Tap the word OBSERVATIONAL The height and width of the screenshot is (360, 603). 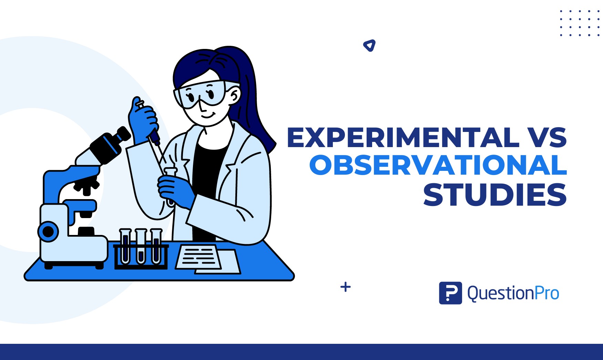tap(438, 165)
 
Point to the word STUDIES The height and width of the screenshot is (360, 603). tap(495, 195)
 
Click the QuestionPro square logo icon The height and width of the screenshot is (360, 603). tap(450, 293)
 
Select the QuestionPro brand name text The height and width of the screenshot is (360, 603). tap(513, 294)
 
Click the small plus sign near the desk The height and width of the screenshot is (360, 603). tap(345, 287)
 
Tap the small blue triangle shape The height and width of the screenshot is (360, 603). tap(369, 45)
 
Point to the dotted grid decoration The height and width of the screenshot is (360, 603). tap(580, 23)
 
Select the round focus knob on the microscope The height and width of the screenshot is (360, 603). tap(48, 232)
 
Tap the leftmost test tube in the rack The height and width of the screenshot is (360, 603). tap(125, 246)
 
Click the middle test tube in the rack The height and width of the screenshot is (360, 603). tap(141, 246)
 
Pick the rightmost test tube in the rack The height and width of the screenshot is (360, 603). tap(156, 246)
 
